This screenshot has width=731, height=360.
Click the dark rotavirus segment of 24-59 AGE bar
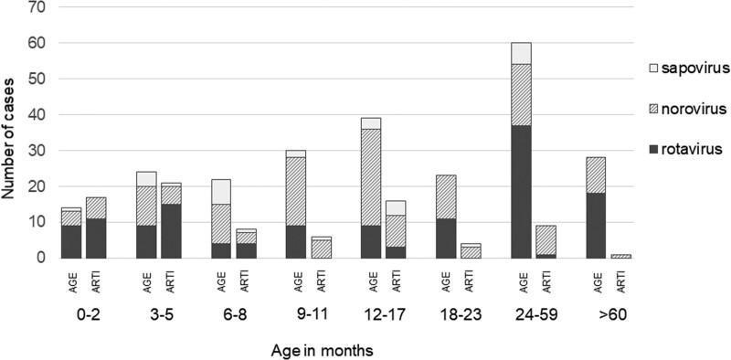coord(522,192)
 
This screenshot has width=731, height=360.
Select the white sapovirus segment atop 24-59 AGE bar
coord(522,53)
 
